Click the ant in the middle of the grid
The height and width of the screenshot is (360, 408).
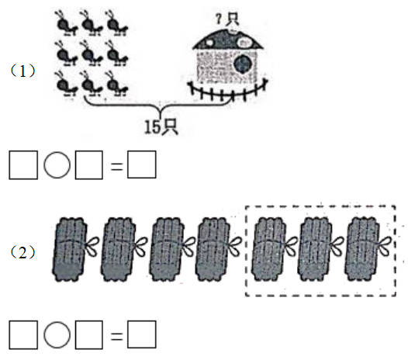pyautogui.click(x=92, y=53)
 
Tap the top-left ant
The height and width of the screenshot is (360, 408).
pyautogui.click(x=66, y=23)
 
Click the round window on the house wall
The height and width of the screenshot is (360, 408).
pyautogui.click(x=243, y=64)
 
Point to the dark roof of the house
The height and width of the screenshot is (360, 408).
pyautogui.click(x=228, y=40)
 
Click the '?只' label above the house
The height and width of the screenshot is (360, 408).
pyautogui.click(x=227, y=19)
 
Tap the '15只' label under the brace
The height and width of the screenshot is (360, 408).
pyautogui.click(x=161, y=127)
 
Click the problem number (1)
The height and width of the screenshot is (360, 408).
pyautogui.click(x=22, y=71)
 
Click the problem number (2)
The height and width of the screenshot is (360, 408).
pyautogui.click(x=22, y=252)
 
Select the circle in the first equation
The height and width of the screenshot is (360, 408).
pyautogui.click(x=57, y=165)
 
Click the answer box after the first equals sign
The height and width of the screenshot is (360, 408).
pyautogui.click(x=142, y=164)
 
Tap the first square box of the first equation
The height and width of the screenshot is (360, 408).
pyautogui.click(x=23, y=165)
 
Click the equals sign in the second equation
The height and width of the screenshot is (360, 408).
pyautogui.click(x=116, y=336)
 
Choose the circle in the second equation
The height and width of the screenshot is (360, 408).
pyautogui.click(x=57, y=334)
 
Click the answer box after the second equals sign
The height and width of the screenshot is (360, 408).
pyautogui.click(x=142, y=334)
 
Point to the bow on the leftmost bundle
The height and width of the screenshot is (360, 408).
pyautogui.click(x=92, y=246)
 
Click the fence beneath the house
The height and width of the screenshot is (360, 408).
pyautogui.click(x=228, y=90)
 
